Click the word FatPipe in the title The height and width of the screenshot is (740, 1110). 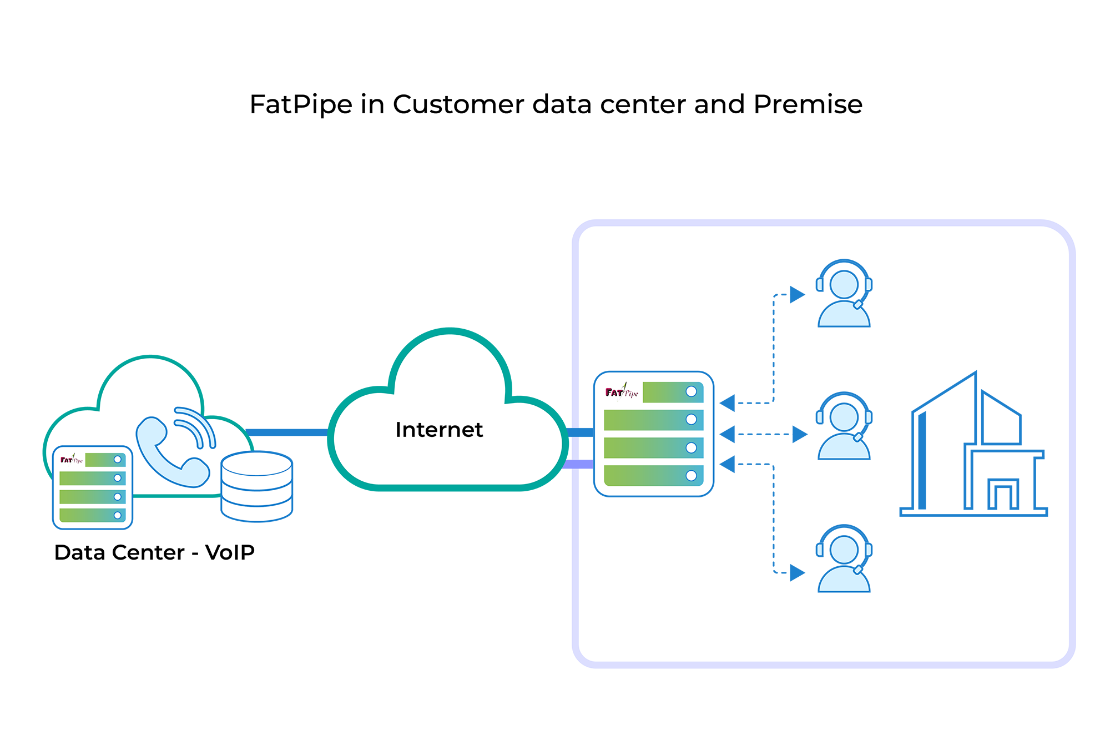301,104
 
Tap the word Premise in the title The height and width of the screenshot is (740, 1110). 808,104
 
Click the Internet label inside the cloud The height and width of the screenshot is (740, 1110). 439,430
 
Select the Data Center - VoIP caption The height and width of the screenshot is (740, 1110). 154,552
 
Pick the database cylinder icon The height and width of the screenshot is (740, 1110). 256,487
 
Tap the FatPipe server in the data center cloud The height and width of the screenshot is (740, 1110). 93,487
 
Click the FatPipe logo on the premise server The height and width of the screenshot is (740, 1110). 622,392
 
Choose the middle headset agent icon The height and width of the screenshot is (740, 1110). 844,426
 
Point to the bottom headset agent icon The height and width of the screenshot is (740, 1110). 844,558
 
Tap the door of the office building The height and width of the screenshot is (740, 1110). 1002,496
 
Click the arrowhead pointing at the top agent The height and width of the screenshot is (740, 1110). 798,295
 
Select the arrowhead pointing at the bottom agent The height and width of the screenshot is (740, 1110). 798,572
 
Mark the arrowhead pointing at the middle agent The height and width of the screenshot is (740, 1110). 800,434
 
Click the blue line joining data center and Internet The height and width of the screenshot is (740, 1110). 287,432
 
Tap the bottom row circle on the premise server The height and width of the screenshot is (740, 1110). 691,475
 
